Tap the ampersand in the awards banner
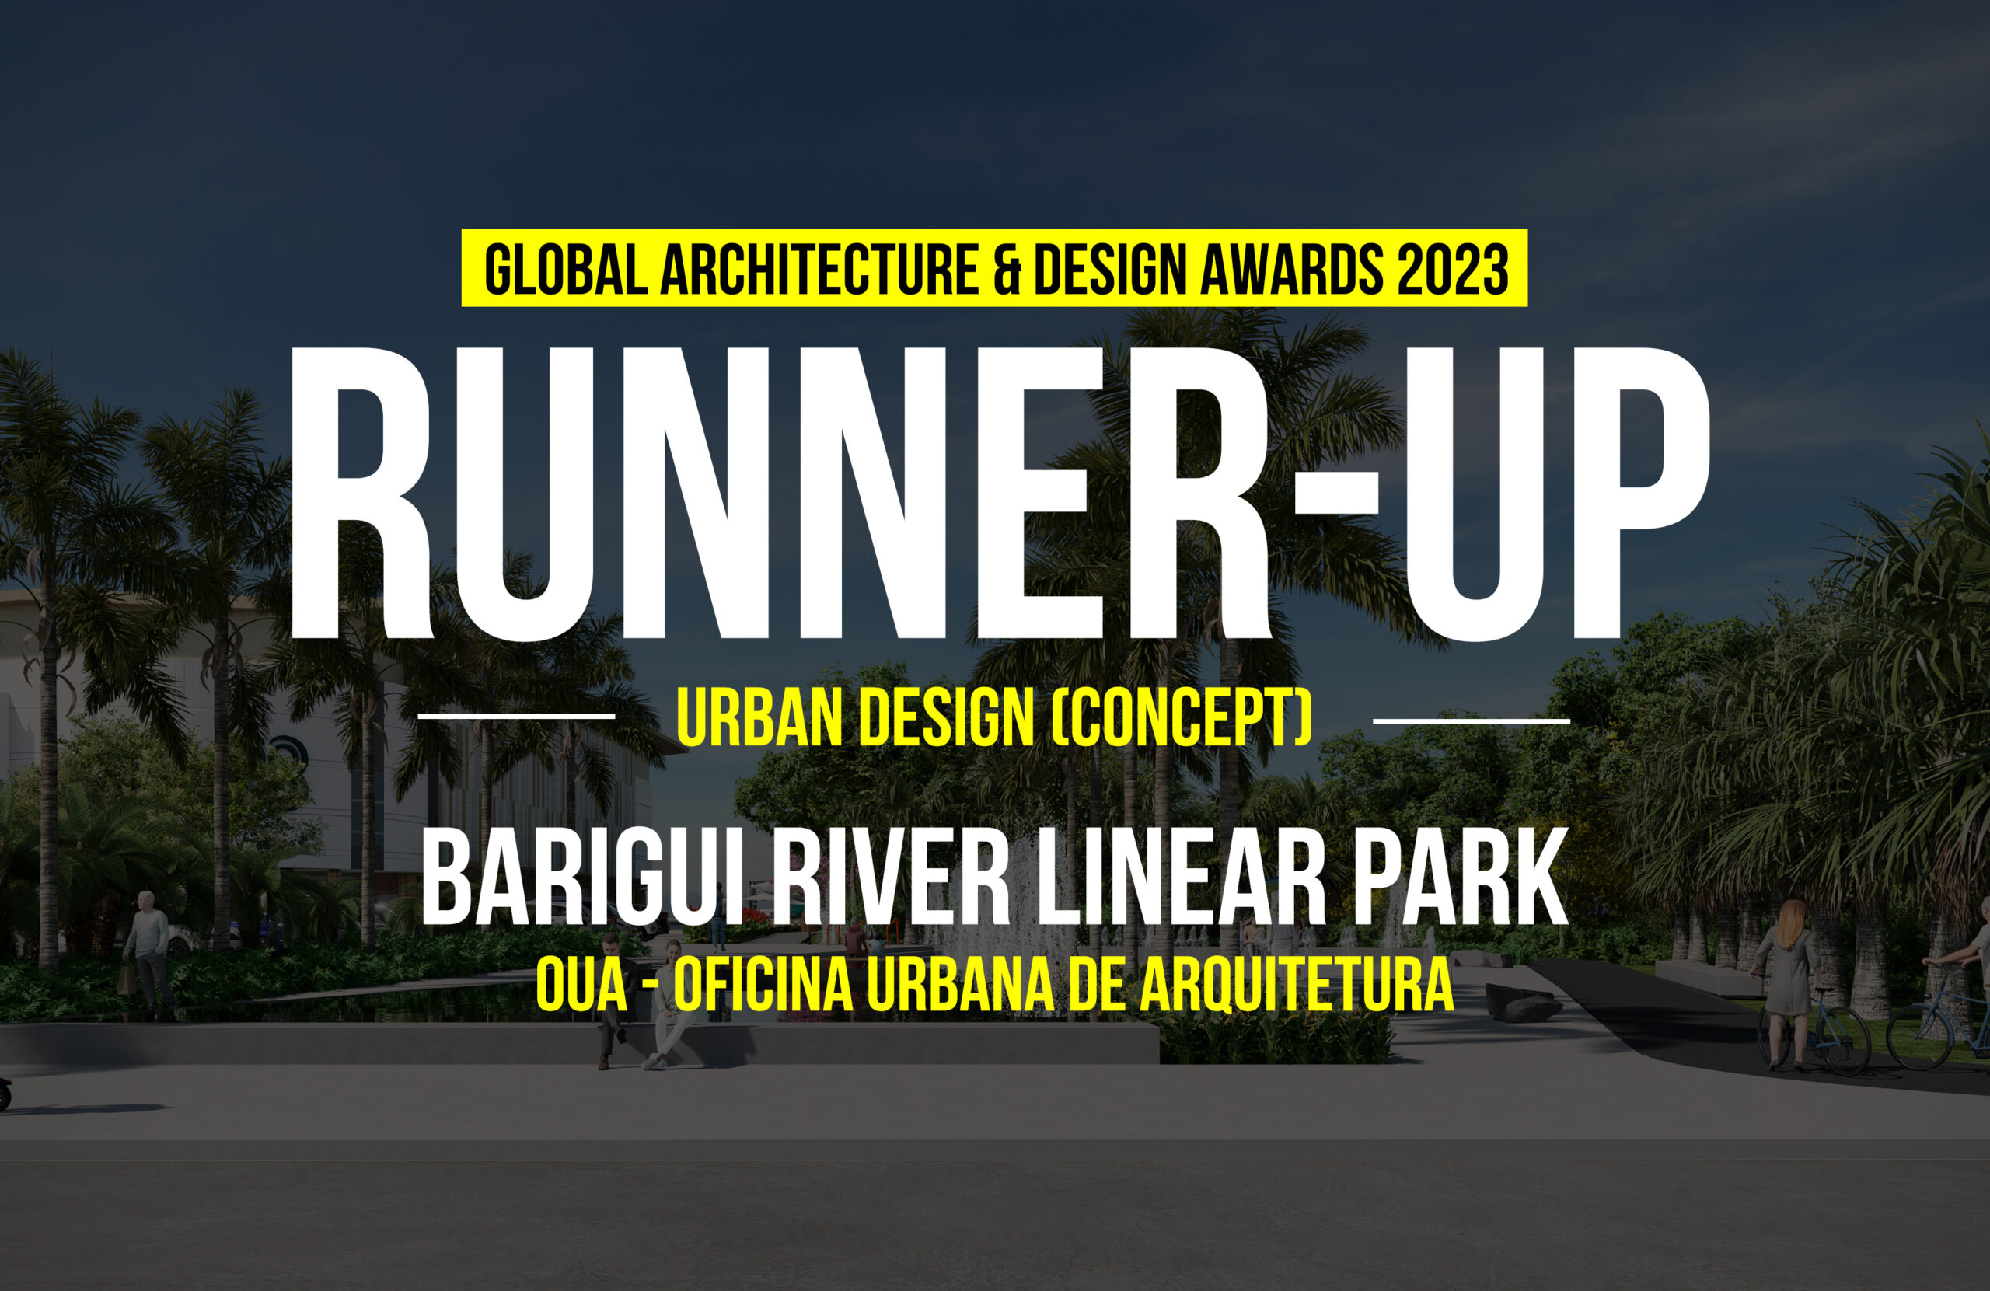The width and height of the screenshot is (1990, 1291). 1007,269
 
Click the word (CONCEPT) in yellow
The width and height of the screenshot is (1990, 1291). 1181,717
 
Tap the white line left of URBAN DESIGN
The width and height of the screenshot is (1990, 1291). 516,717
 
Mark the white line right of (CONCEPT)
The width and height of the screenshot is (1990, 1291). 1472,720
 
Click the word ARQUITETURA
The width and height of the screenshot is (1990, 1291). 1297,986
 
